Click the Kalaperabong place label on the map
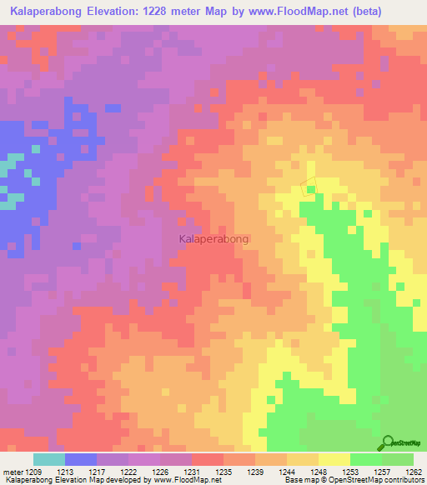click(213, 238)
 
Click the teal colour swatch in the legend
click(49, 459)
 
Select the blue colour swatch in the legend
click(81, 459)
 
